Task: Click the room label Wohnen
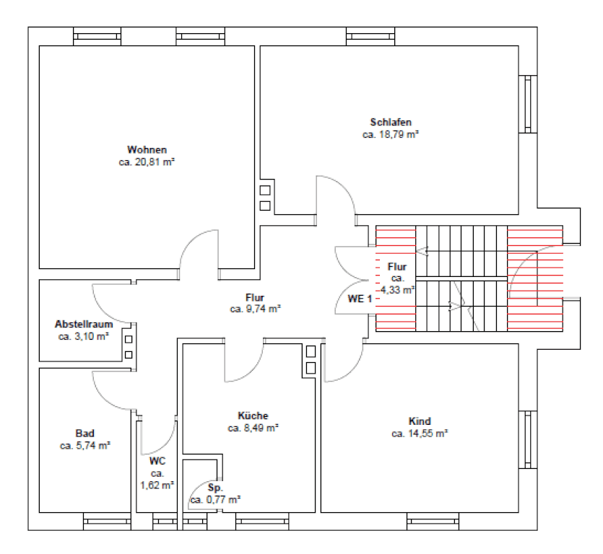click(x=147, y=150)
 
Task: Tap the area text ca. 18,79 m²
click(x=391, y=134)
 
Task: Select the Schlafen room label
click(x=391, y=122)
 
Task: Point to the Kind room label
click(x=420, y=421)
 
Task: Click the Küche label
click(x=253, y=415)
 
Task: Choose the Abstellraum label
click(x=84, y=324)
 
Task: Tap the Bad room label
click(x=84, y=434)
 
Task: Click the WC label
click(x=157, y=461)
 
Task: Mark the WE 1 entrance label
click(x=359, y=299)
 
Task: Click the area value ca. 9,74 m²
click(x=255, y=309)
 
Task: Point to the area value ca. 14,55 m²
click(x=420, y=434)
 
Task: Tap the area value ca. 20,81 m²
click(x=147, y=162)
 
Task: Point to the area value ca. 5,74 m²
click(x=84, y=446)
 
